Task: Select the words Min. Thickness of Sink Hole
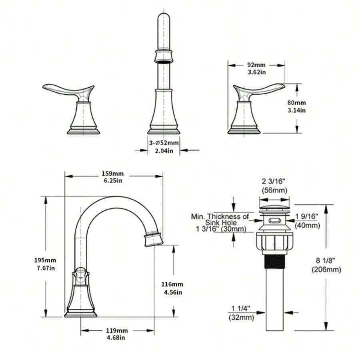[221, 219]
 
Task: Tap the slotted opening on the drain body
[274, 220]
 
